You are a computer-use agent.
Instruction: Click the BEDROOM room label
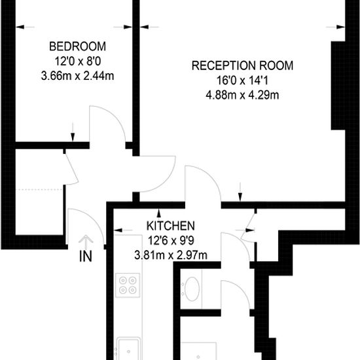pyautogui.click(x=78, y=46)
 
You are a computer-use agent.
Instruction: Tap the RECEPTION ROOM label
pyautogui.click(x=242, y=65)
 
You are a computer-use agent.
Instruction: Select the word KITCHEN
pyautogui.click(x=171, y=226)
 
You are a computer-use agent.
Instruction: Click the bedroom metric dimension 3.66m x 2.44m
pyautogui.click(x=78, y=76)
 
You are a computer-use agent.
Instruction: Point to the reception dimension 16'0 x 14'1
pyautogui.click(x=242, y=81)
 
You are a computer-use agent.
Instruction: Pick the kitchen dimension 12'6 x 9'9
pyautogui.click(x=171, y=241)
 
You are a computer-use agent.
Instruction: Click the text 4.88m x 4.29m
pyautogui.click(x=242, y=95)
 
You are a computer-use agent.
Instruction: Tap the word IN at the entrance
pyautogui.click(x=86, y=256)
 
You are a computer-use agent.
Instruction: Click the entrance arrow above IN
pyautogui.click(x=86, y=242)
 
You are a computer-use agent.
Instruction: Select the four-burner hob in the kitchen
pyautogui.click(x=128, y=285)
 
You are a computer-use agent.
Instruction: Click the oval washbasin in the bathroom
pyautogui.click(x=192, y=289)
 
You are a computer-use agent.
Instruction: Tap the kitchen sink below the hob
pyautogui.click(x=128, y=349)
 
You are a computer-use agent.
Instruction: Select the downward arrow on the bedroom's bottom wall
pyautogui.click(x=73, y=132)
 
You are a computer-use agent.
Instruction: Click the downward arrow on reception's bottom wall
pyautogui.click(x=240, y=192)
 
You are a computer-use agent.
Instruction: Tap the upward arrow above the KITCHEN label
pyautogui.click(x=158, y=213)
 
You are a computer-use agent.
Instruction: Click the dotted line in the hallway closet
pyautogui.click(x=39, y=190)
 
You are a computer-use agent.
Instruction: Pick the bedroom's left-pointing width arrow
pyautogui.click(x=26, y=27)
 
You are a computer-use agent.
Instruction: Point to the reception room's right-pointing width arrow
pyautogui.click(x=336, y=27)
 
